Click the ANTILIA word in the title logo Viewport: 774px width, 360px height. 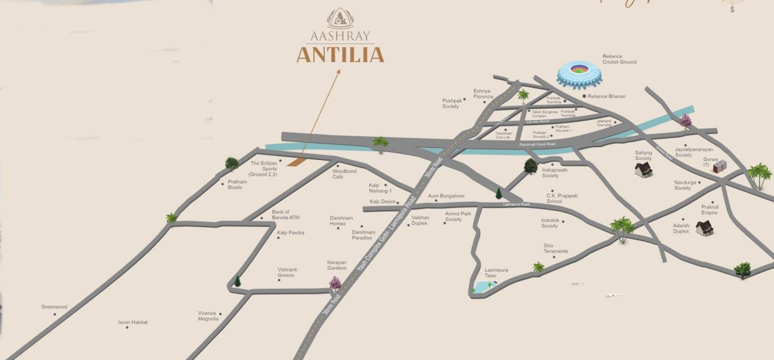[x=340, y=55]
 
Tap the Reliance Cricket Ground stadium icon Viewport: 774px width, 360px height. [x=579, y=74]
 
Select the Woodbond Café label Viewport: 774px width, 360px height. [x=344, y=173]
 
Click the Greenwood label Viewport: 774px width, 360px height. [x=54, y=307]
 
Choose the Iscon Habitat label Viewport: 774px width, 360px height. [x=133, y=322]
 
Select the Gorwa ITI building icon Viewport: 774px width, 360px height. [x=720, y=167]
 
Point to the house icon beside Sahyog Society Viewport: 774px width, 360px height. [x=643, y=169]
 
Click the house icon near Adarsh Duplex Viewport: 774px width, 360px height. [x=704, y=228]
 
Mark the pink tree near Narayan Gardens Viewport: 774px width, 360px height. [x=335, y=283]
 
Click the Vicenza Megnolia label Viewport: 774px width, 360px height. [x=208, y=315]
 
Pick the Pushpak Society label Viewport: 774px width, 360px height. [x=450, y=103]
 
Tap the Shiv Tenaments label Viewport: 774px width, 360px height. [x=555, y=248]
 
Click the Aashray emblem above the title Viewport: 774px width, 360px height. [x=340, y=19]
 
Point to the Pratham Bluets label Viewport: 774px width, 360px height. [x=237, y=184]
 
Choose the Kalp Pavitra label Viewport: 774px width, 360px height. [x=290, y=232]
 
